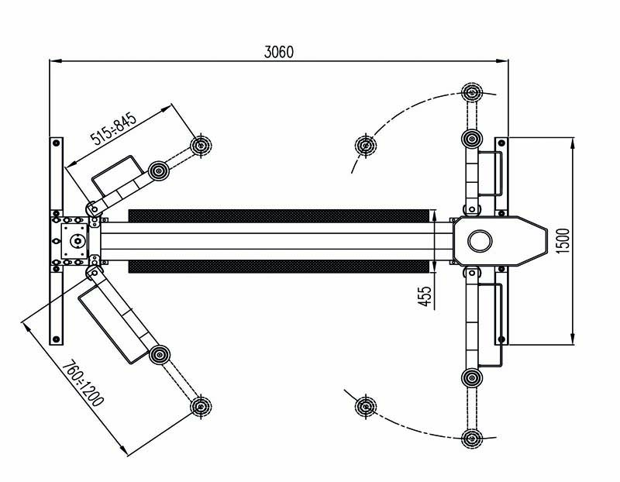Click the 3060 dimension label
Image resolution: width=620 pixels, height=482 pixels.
[x=279, y=52]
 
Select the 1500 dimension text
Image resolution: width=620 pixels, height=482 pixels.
[x=563, y=241]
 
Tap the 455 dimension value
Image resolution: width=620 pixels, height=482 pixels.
[x=425, y=296]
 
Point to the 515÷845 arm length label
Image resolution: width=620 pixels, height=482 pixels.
[x=113, y=129]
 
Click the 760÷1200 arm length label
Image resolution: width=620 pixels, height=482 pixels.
[x=84, y=383]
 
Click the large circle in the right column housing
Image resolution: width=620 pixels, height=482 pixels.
[x=480, y=241]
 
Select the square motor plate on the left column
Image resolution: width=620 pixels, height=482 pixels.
[x=74, y=241]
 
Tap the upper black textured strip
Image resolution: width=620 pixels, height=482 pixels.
[x=279, y=216]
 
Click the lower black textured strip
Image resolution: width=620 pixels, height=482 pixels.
[x=279, y=266]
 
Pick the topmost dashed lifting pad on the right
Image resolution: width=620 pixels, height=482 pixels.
[x=472, y=93]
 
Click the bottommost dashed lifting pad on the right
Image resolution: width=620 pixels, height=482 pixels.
[x=472, y=438]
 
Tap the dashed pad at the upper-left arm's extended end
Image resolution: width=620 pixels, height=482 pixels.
[x=201, y=146]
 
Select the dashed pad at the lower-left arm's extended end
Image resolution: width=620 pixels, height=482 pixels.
[x=201, y=406]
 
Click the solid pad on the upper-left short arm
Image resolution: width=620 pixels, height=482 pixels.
[x=159, y=170]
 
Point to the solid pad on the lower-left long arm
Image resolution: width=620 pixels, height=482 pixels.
[x=160, y=355]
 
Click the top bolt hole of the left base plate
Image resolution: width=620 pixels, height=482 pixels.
[x=56, y=143]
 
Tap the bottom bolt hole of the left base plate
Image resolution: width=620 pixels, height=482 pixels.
[x=56, y=339]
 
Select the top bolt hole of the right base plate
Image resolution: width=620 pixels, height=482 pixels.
[x=501, y=143]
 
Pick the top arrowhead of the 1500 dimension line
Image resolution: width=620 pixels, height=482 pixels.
[x=573, y=144]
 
